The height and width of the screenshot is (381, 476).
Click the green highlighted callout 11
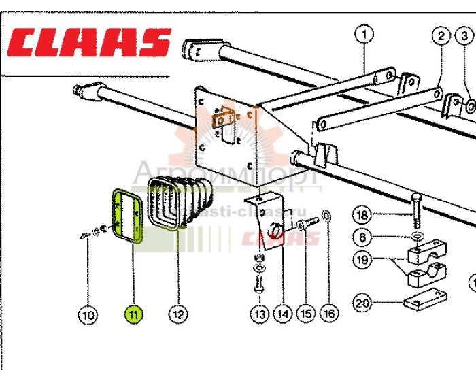[x=133, y=314]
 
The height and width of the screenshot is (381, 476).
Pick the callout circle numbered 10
[x=88, y=314]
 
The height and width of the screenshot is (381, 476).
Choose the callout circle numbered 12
[x=178, y=314]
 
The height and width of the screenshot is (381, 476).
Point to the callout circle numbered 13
[x=259, y=314]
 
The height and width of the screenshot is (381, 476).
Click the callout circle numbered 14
[x=282, y=314]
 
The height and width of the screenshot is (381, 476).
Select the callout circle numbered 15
[x=305, y=314]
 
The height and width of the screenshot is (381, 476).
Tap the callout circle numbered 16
[x=329, y=314]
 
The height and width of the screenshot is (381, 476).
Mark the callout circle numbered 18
[x=362, y=216]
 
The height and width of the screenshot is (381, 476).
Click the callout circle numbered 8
[x=362, y=237]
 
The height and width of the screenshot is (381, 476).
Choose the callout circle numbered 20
[x=362, y=303]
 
